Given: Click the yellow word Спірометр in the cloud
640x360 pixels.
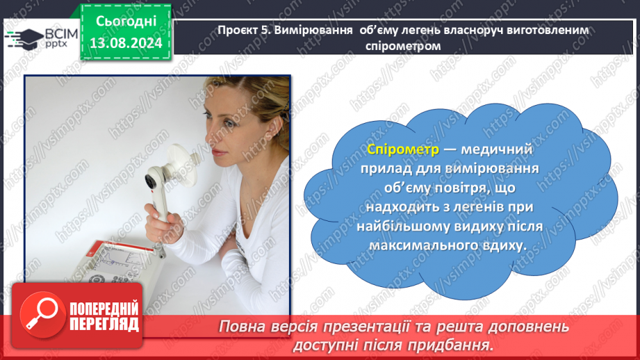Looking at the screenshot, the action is pyautogui.click(x=403, y=149).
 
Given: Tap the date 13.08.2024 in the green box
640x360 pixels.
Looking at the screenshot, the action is pyautogui.click(x=126, y=43).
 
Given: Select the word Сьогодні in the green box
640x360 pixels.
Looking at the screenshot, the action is pyautogui.click(x=126, y=21).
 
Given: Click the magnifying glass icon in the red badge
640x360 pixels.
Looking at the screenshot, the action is pyautogui.click(x=42, y=315).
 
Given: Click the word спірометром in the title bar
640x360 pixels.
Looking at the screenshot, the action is pyautogui.click(x=403, y=46).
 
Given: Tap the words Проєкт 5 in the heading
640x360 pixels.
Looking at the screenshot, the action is pyautogui.click(x=243, y=31).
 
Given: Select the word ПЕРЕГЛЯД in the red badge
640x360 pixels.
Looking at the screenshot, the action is pyautogui.click(x=104, y=325).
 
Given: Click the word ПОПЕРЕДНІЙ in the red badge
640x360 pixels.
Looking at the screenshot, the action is pyautogui.click(x=104, y=309).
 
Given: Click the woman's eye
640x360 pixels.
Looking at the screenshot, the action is pyautogui.click(x=230, y=123).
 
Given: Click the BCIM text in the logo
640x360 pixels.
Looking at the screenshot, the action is pyautogui.click(x=61, y=33).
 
